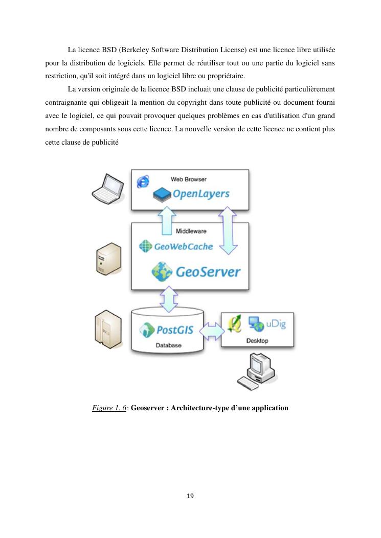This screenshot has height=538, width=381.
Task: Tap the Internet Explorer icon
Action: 143,181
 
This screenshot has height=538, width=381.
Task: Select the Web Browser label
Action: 188,179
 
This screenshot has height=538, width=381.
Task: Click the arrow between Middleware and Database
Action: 168,299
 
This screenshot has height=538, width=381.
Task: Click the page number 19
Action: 190,496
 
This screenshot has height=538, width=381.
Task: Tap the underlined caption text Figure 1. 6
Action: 109,408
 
